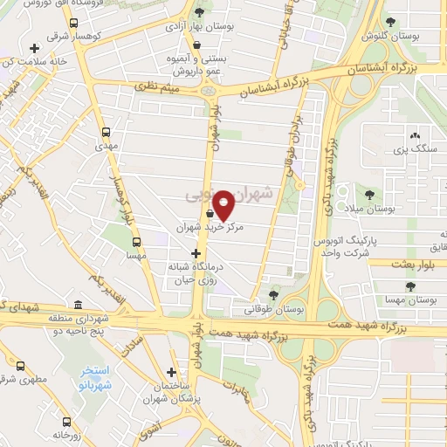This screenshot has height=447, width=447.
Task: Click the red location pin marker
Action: tap(223, 205)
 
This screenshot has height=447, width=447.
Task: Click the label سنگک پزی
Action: tap(415, 151)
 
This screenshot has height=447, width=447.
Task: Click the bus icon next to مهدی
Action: tap(106, 132)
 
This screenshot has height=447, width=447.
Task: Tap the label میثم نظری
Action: tap(156, 86)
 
